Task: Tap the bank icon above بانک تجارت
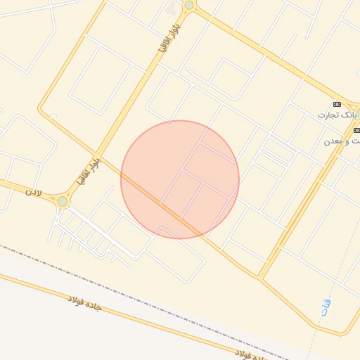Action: [x=337, y=103]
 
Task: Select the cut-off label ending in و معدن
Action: [x=342, y=141]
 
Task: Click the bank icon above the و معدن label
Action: [x=357, y=130]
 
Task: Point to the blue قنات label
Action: [x=326, y=307]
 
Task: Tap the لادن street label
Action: [x=34, y=191]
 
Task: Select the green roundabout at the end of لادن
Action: [x=63, y=201]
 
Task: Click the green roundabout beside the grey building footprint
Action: [x=188, y=5]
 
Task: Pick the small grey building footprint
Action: [x=173, y=8]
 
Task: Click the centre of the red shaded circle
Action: [x=180, y=180]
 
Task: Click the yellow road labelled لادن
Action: [x=21, y=187]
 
